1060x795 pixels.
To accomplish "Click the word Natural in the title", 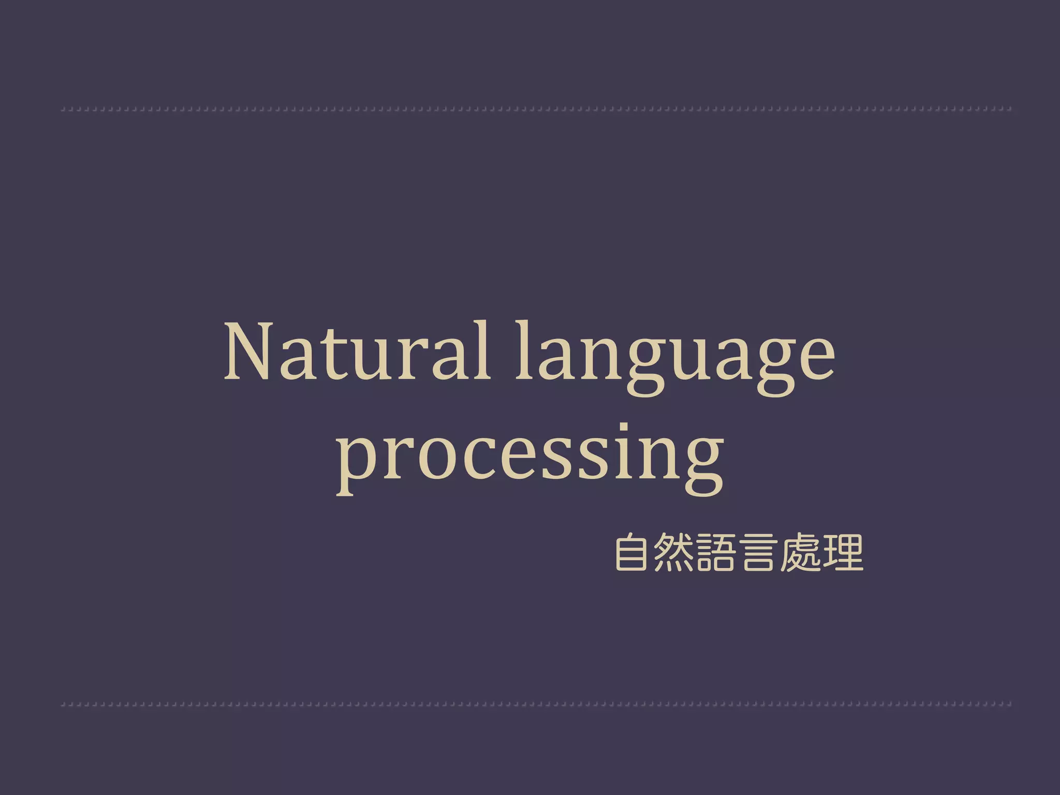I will (x=357, y=353).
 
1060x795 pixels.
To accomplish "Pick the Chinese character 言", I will (x=758, y=553).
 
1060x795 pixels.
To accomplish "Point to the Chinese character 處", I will (x=801, y=553).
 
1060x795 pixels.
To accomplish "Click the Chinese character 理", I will (x=843, y=553).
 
